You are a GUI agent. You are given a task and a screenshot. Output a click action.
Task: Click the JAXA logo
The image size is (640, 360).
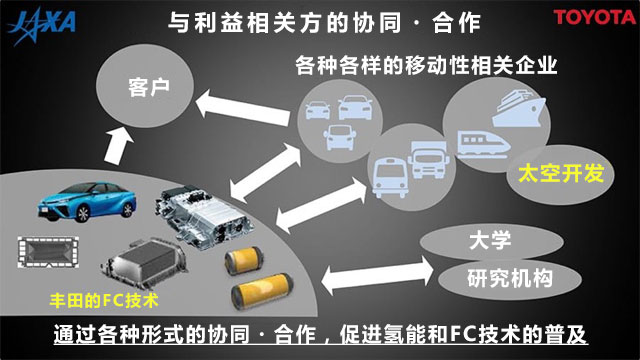click(x=42, y=25)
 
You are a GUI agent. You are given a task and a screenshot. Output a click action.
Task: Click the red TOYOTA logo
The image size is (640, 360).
click(x=595, y=18)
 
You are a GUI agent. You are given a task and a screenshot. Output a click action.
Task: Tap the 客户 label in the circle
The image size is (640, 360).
click(x=149, y=87)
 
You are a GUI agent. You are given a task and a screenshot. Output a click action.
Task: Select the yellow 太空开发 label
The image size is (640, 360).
click(x=561, y=173)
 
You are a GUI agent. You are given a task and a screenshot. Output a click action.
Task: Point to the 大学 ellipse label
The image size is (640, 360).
click(x=490, y=240)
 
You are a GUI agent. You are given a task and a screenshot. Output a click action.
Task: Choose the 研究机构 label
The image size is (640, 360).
click(x=510, y=278)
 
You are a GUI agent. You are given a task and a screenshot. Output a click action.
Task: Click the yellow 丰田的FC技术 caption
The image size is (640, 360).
click(x=104, y=301)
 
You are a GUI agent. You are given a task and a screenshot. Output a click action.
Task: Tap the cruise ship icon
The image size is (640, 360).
click(x=519, y=108)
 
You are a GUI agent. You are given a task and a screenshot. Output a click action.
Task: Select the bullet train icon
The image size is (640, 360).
click(x=483, y=144)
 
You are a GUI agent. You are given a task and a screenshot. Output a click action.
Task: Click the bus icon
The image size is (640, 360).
click(x=390, y=178)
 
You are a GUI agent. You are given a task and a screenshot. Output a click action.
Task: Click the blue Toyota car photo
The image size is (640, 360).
click(x=87, y=202)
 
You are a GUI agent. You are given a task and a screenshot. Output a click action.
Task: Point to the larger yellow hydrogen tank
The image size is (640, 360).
click(x=262, y=291)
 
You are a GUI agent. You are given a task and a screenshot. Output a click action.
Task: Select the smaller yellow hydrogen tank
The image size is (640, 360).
click(x=244, y=260)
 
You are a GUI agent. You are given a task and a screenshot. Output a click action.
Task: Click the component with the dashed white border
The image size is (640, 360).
click(x=48, y=252)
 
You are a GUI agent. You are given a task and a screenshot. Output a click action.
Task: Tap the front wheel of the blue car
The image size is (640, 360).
click(x=83, y=214)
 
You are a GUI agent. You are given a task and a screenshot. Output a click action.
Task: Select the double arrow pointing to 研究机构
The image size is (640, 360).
click(x=377, y=275)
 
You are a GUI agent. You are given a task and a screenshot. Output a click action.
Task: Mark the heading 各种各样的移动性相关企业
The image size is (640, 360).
click(x=426, y=65)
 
